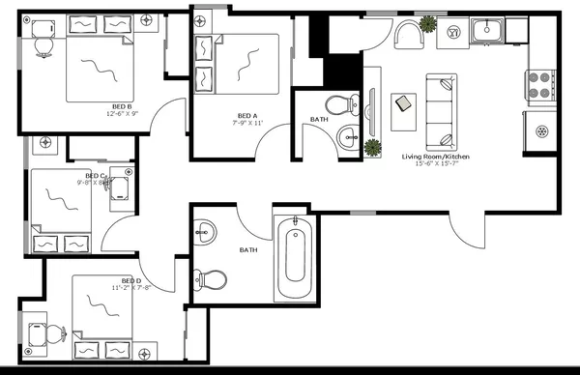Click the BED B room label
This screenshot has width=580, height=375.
(122, 106)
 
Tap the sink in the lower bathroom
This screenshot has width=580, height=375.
(205, 232)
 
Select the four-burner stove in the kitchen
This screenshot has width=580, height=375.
(538, 84)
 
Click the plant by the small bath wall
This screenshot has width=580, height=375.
(372, 147)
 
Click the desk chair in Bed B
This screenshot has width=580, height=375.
(43, 41)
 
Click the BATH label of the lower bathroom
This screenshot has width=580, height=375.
(247, 250)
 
